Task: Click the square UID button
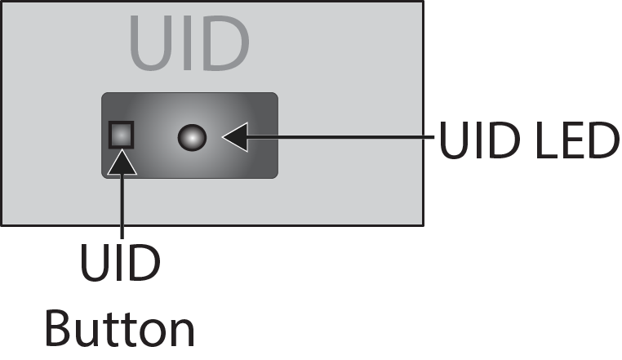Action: pyautogui.click(x=120, y=134)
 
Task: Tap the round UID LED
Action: pyautogui.click(x=191, y=137)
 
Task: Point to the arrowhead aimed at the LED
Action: pyautogui.click(x=233, y=137)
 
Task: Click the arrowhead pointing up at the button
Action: pyautogui.click(x=121, y=162)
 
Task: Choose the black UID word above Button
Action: pyautogui.click(x=121, y=264)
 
